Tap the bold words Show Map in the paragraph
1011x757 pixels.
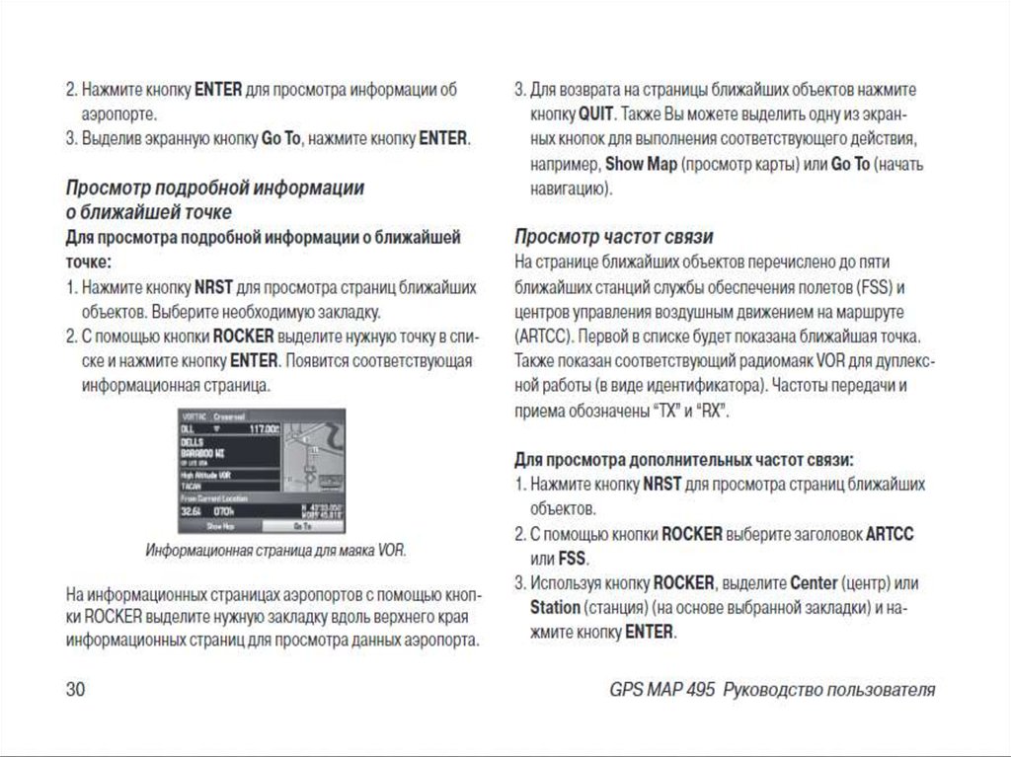641,163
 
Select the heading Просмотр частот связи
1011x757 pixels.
614,237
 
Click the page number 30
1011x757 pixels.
76,689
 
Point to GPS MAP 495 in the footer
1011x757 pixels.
662,689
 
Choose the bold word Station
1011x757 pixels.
554,606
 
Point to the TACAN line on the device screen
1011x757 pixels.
192,487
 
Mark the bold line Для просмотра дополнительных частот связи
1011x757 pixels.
684,460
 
